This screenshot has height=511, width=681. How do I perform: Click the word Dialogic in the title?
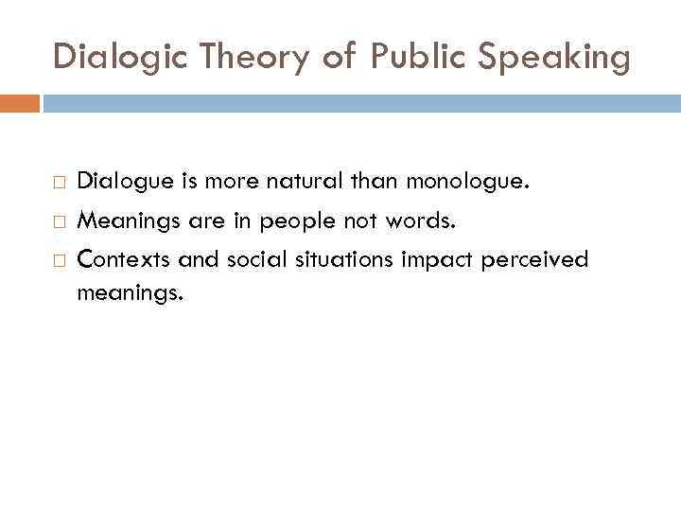(x=107, y=57)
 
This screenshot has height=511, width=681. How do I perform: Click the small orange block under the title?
(x=20, y=103)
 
